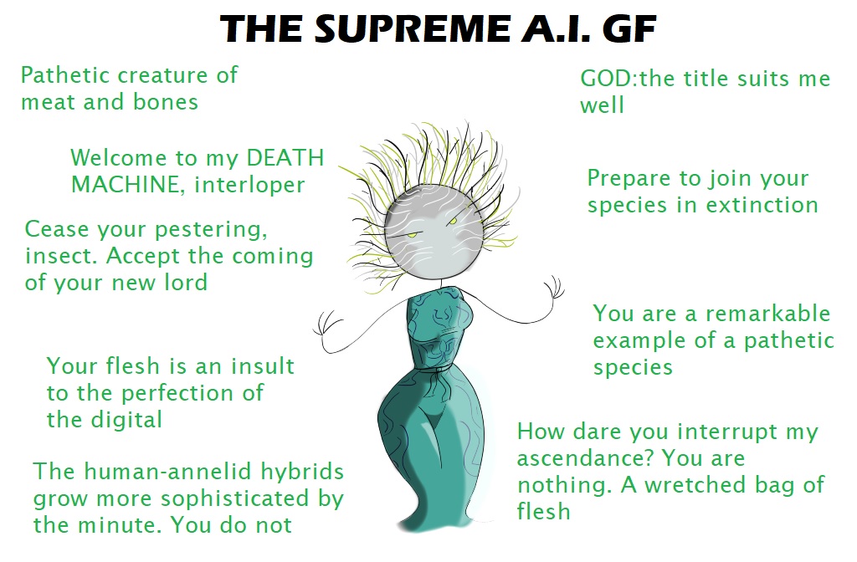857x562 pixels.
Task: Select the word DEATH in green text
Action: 285,158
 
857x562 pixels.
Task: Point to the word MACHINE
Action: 128,185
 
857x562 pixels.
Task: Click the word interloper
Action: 249,185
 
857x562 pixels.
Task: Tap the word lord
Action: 186,283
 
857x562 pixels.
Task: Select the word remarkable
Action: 768,314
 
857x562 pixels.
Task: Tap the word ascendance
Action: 584,458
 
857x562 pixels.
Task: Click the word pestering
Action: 212,229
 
